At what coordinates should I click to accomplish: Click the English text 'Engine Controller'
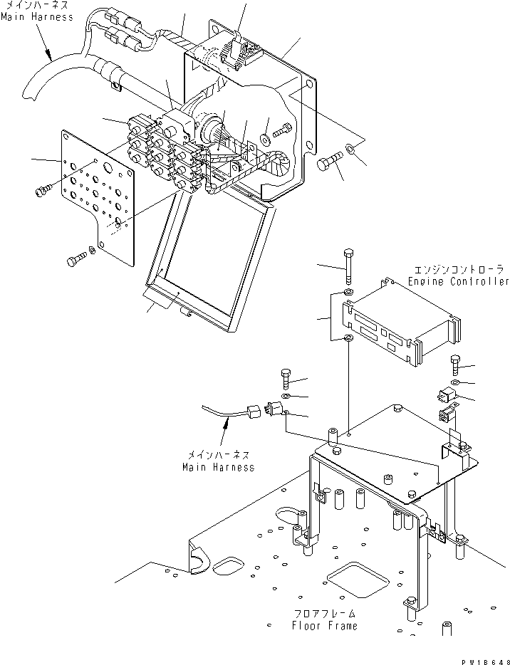459,282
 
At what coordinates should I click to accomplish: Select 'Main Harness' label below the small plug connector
218,468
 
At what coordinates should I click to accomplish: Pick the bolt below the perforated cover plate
75,261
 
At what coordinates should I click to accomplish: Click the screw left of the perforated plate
41,189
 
